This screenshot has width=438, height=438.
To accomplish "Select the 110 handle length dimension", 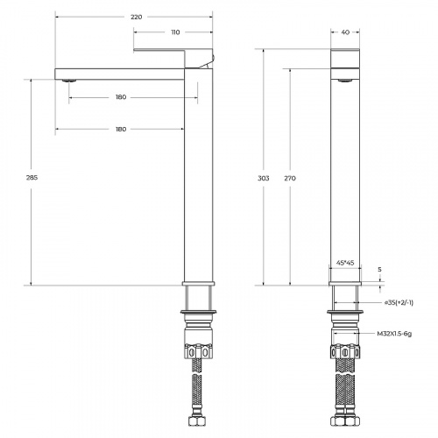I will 174,32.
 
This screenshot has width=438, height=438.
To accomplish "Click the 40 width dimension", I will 346,33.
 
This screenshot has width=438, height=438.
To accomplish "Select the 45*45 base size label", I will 346,262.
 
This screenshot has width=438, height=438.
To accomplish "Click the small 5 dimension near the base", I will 379,270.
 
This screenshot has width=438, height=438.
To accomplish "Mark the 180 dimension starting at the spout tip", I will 120,129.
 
